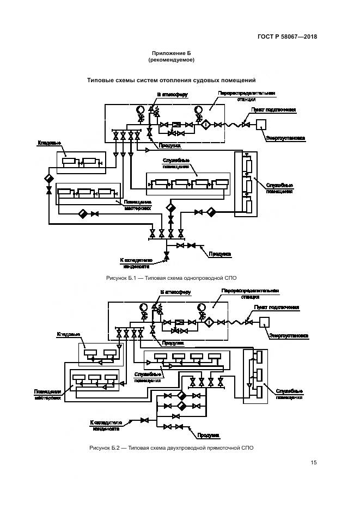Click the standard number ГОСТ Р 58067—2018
287,37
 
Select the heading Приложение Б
171,53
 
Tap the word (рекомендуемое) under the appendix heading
171,60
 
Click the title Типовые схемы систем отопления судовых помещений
172,80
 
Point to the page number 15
314,463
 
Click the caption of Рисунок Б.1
172,278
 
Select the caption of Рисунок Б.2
172,447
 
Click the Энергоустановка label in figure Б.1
285,138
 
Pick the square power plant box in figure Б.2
265,322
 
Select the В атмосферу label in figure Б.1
173,94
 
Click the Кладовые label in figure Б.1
49,143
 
